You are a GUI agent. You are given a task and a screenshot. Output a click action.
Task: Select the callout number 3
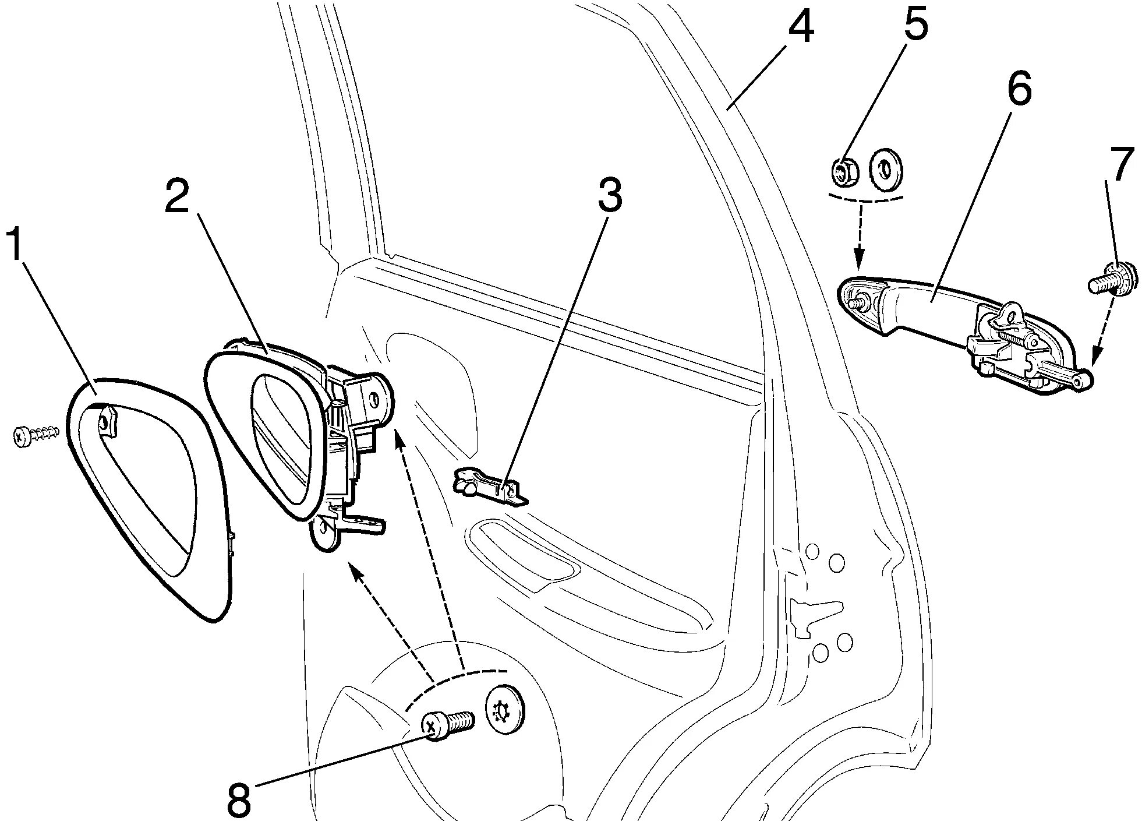609,195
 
